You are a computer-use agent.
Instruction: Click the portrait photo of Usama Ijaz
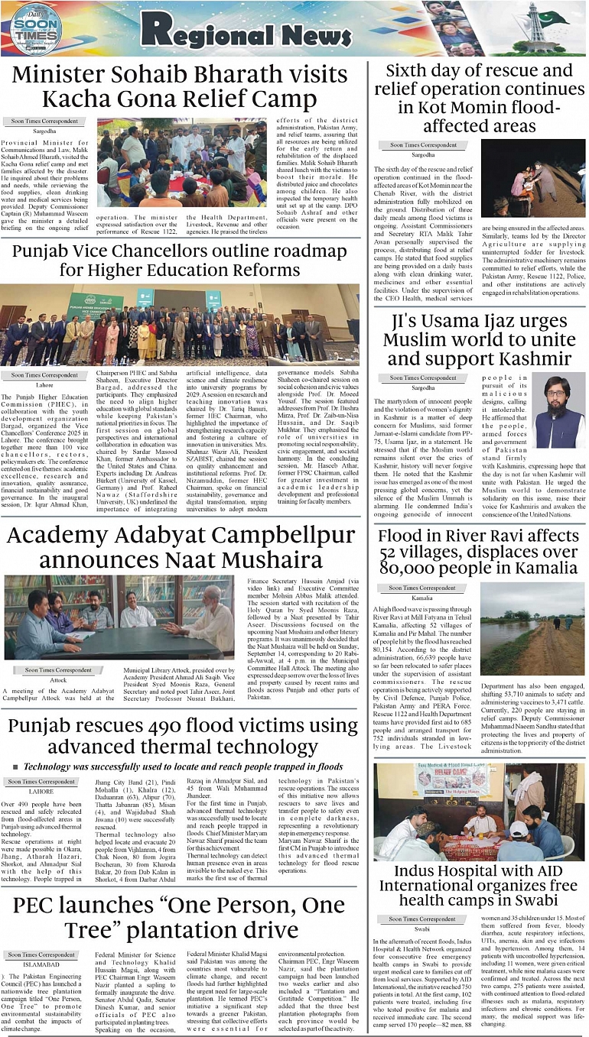pyautogui.click(x=558, y=410)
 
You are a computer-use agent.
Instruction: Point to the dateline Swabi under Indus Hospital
pyautogui.click(x=422, y=928)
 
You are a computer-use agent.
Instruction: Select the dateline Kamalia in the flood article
pyautogui.click(x=422, y=598)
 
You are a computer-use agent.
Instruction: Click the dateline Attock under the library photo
pyautogui.click(x=57, y=679)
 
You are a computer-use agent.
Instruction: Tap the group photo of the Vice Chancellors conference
pyautogui.click(x=180, y=325)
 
